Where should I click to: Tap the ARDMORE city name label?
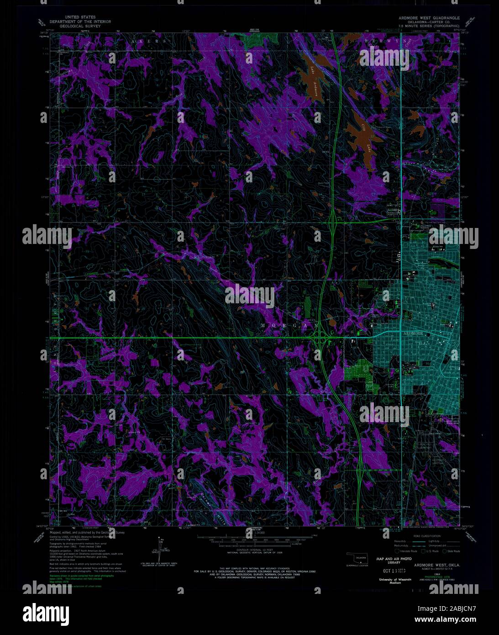click(x=416, y=334)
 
